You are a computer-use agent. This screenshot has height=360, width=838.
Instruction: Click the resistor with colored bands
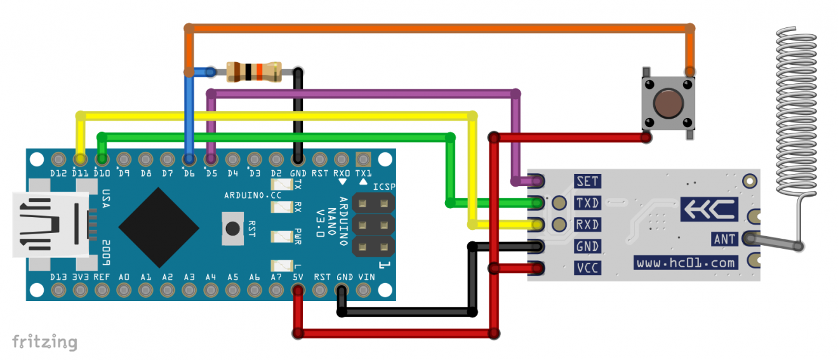[254, 72]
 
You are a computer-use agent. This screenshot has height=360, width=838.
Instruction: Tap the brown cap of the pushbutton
[667, 102]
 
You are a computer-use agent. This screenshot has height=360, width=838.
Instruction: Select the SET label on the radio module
[587, 181]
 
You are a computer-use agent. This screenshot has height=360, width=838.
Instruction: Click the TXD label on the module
[587, 203]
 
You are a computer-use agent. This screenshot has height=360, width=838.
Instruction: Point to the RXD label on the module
[587, 225]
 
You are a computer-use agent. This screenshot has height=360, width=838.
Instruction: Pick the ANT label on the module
[724, 239]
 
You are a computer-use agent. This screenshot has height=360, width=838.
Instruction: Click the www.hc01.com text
[686, 262]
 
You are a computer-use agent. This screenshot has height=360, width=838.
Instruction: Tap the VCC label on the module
[587, 268]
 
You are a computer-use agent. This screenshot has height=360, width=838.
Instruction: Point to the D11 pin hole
[80, 158]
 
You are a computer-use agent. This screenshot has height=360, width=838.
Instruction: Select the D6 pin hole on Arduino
[189, 158]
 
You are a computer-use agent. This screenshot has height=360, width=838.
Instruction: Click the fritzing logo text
[44, 342]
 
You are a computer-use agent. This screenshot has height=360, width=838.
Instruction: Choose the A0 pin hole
[124, 290]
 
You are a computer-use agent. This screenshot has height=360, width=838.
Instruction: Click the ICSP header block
[372, 225]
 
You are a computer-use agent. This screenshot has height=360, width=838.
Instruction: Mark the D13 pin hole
[58, 290]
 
